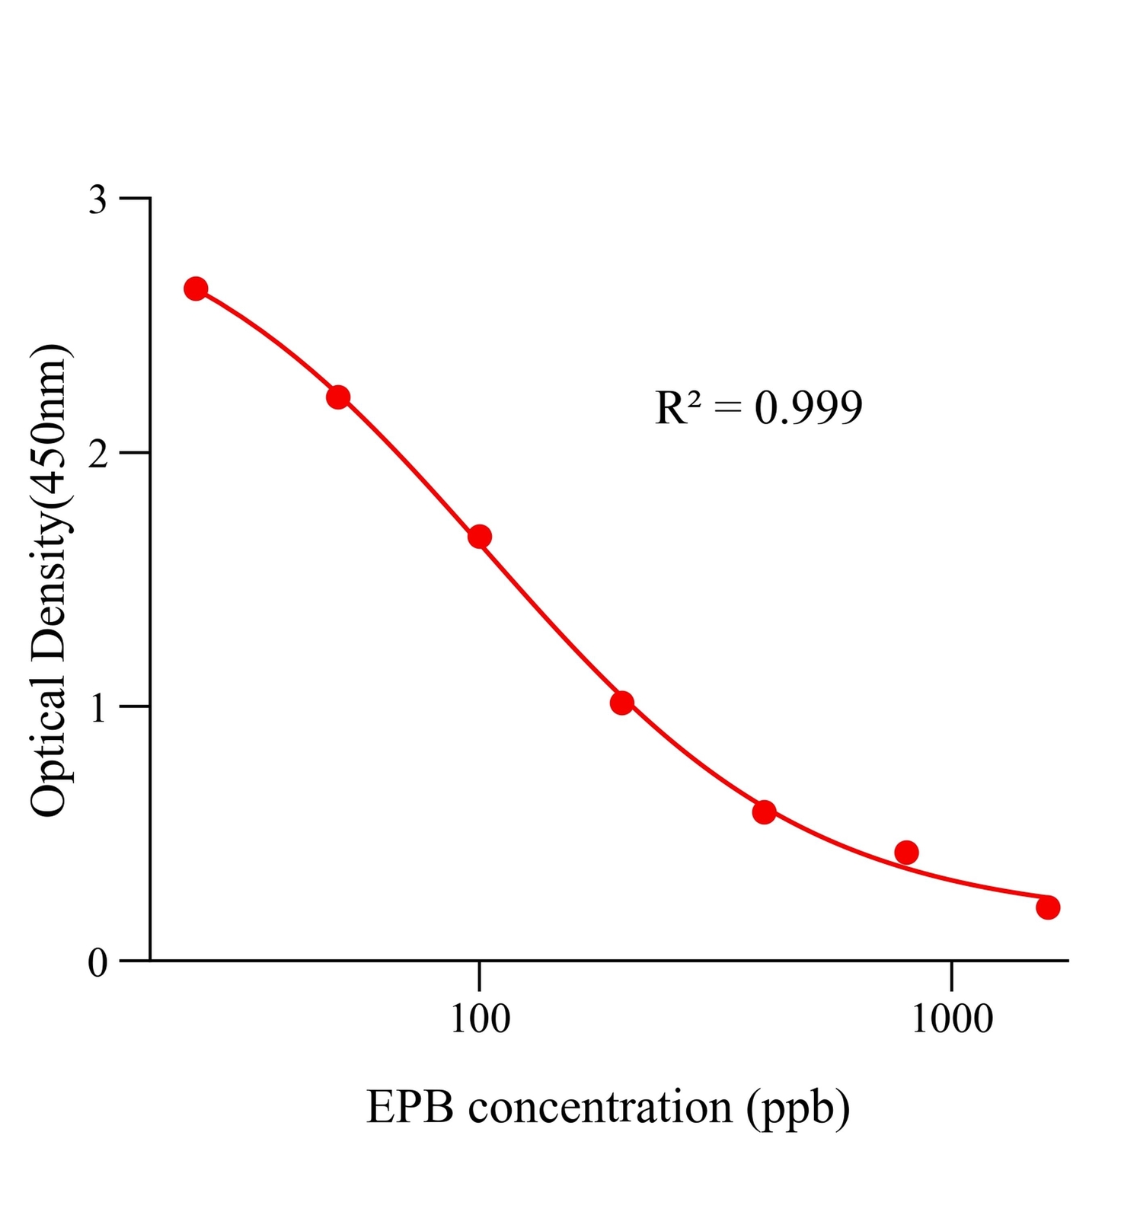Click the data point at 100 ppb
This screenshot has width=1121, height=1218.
[479, 537]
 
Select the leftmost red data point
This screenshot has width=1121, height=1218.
[196, 289]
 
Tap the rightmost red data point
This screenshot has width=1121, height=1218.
[1048, 907]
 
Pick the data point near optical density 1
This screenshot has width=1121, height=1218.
[622, 703]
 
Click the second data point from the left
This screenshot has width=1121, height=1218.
[338, 397]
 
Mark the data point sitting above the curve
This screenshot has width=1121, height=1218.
[906, 852]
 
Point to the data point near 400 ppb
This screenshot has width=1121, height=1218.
[764, 812]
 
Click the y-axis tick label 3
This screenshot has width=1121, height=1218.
[98, 200]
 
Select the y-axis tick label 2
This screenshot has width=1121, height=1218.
[98, 454]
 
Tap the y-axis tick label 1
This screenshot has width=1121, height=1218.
[98, 709]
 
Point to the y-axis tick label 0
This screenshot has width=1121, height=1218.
[98, 963]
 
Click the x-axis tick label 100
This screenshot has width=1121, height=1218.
[480, 1019]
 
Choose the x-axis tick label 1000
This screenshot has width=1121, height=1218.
[952, 1019]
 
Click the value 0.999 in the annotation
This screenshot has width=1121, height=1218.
[808, 408]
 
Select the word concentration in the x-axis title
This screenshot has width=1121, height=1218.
[600, 1108]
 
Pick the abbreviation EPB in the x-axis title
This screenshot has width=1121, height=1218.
[410, 1108]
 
